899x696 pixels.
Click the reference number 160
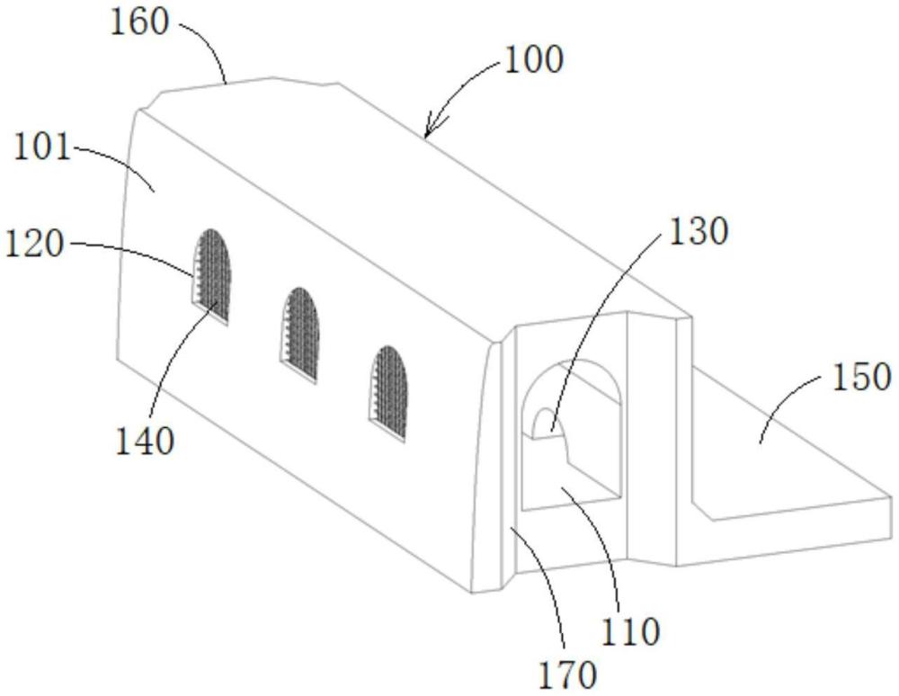pos(139,22)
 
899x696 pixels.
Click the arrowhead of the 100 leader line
pos(429,134)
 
